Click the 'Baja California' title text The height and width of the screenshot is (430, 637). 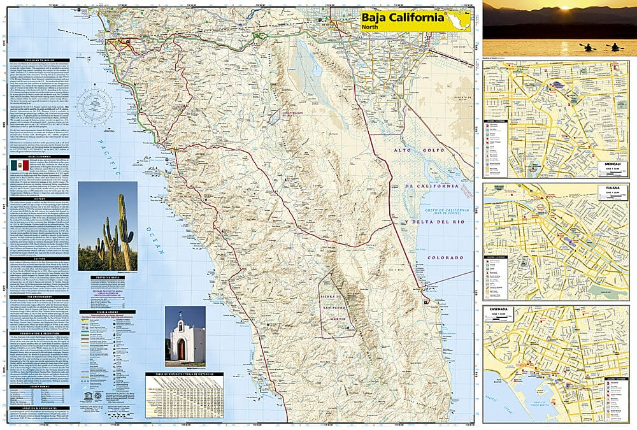tap(402, 18)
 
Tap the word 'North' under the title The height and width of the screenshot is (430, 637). tap(370, 27)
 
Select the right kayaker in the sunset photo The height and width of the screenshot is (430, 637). tap(615, 47)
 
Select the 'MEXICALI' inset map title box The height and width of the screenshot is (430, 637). tap(616, 164)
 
